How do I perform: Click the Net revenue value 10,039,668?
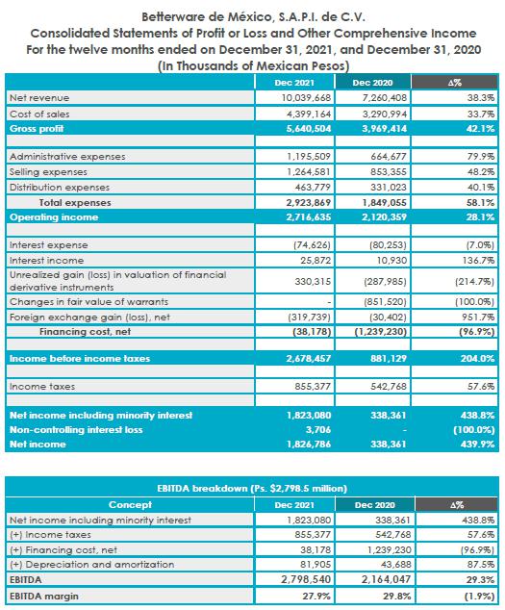[x=306, y=97]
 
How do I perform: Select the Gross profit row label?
[x=37, y=129]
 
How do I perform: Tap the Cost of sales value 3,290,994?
[x=385, y=114]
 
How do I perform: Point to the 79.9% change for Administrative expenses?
[x=481, y=157]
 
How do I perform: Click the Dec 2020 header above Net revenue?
[x=372, y=83]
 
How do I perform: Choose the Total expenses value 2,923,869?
[x=309, y=203]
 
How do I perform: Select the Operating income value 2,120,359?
[x=385, y=217]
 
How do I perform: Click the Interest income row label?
[x=47, y=261]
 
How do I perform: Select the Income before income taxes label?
[x=80, y=358]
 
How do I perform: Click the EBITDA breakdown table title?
[x=252, y=488]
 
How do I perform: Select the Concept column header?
[x=130, y=504]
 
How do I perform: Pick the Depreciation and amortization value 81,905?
[x=316, y=564]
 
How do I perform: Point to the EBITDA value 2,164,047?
[x=386, y=579]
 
